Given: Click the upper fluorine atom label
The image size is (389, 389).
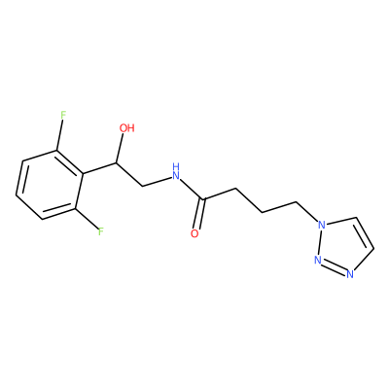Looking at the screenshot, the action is pos(63,115).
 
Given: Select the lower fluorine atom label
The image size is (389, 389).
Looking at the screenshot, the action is pos(101,231).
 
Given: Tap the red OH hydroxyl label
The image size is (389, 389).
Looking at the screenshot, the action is pos(126,128).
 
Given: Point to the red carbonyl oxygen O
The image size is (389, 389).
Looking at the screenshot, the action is pos(194,233).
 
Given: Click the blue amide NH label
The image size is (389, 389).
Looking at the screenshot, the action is pos(176,172).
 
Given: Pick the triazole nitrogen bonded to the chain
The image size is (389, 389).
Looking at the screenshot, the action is pos(321,225).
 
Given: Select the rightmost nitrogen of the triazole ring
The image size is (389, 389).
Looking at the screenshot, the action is pos(349,274).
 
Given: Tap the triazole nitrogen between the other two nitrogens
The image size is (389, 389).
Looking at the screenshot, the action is pos(318,260).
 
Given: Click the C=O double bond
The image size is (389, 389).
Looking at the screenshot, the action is pos(199,213).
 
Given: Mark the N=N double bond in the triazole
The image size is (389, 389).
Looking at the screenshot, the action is pos(334,266).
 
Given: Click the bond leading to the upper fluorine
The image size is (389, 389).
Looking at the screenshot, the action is pos(60,135).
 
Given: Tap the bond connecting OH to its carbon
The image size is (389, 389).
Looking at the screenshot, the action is pos(120,149).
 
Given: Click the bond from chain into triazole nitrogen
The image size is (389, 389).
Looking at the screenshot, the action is pos(306,212).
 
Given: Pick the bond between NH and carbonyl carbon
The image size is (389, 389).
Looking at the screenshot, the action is pos(192,190).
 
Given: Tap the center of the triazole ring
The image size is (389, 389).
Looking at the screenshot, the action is pos(344,247).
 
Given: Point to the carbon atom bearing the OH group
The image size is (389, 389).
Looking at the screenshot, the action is pos(116,163).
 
